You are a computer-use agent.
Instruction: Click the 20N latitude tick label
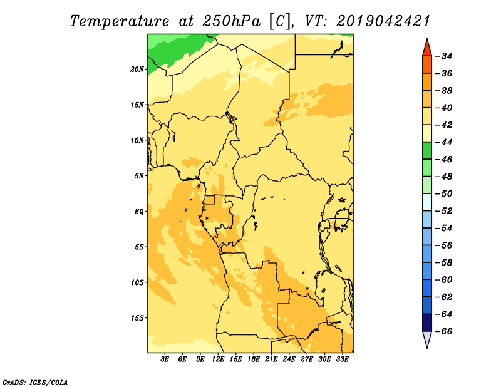[x=137, y=70]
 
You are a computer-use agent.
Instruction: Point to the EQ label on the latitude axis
[x=138, y=212]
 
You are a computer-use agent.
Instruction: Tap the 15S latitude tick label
[x=137, y=318]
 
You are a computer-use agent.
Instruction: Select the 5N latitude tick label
[x=139, y=176]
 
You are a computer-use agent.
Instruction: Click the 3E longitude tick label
[x=165, y=359]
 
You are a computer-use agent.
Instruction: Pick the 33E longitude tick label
[x=342, y=359]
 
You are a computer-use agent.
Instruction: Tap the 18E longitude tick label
[x=254, y=359]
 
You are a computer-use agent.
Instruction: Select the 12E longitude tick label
[x=218, y=359]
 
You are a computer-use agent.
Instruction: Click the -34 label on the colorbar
[x=444, y=56]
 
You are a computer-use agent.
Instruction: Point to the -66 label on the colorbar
[x=444, y=331]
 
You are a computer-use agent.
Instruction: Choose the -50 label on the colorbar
[x=444, y=194]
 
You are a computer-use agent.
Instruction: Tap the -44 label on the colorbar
[x=444, y=142]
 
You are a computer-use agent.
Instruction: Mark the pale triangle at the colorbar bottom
[x=427, y=338]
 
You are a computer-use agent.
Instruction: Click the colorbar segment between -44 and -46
[x=427, y=151]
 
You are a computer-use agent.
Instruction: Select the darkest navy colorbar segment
[x=427, y=322]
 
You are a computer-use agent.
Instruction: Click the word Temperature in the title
[x=120, y=22]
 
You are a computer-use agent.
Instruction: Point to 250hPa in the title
[x=231, y=22]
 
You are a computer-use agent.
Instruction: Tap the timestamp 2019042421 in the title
[x=383, y=21]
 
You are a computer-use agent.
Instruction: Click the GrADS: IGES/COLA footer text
[x=35, y=383]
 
